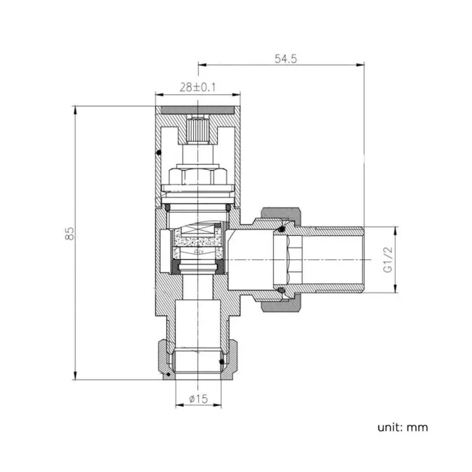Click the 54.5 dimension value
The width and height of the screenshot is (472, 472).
pyautogui.click(x=285, y=59)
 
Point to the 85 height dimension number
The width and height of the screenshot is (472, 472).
pyautogui.click(x=70, y=234)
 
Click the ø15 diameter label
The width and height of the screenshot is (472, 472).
pyautogui.click(x=198, y=398)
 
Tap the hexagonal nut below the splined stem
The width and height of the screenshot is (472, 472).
pyautogui.click(x=198, y=176)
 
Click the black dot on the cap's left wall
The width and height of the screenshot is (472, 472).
pyautogui.click(x=158, y=152)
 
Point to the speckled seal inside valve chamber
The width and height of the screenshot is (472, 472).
pyautogui.click(x=198, y=237)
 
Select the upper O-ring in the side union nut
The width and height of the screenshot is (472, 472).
pyautogui.click(x=280, y=230)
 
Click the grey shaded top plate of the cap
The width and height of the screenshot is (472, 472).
pyautogui.click(x=198, y=110)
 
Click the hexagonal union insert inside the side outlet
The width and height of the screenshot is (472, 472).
pyautogui.click(x=288, y=260)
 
